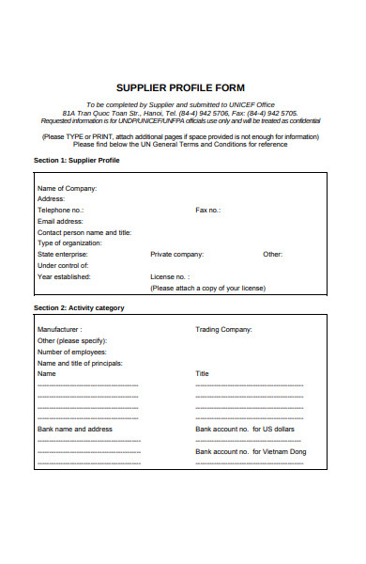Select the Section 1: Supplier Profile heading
point(77,161)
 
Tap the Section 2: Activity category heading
point(79,307)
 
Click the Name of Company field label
point(67,188)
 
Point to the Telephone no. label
point(60,211)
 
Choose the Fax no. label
point(207,211)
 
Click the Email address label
point(60,221)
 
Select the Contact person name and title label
point(84,232)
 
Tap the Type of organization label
point(69,243)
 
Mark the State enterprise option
point(63,255)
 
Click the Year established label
point(64,277)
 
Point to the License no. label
point(170,277)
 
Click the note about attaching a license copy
point(207,288)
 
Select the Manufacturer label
point(59,330)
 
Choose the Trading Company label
point(223,330)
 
